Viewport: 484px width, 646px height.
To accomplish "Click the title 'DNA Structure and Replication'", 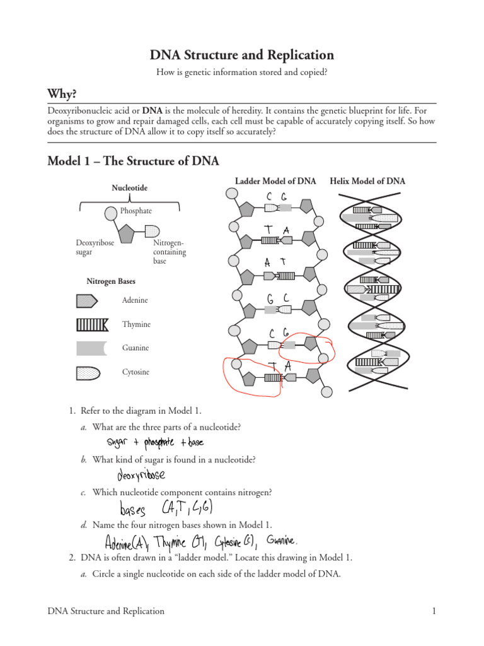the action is pyautogui.click(x=242, y=55).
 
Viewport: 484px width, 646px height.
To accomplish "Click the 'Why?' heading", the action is pyautogui.click(x=62, y=94).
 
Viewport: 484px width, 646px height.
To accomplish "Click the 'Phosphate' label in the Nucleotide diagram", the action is pyautogui.click(x=136, y=211).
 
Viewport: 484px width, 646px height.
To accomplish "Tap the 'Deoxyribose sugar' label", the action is pyautogui.click(x=95, y=247).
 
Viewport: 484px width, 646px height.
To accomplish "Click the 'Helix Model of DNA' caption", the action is pyautogui.click(x=368, y=181).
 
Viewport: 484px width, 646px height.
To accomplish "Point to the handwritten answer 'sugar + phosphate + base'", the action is pyautogui.click(x=155, y=443).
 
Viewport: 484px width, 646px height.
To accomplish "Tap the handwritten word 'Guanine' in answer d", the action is pyautogui.click(x=281, y=540).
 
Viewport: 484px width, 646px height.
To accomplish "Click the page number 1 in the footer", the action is pyautogui.click(x=434, y=611).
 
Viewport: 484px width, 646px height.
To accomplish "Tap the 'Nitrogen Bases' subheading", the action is pyautogui.click(x=111, y=281).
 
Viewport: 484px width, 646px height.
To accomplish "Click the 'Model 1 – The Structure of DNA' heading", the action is pyautogui.click(x=134, y=161).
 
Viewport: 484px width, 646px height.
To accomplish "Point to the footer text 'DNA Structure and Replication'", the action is pyautogui.click(x=106, y=611).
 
